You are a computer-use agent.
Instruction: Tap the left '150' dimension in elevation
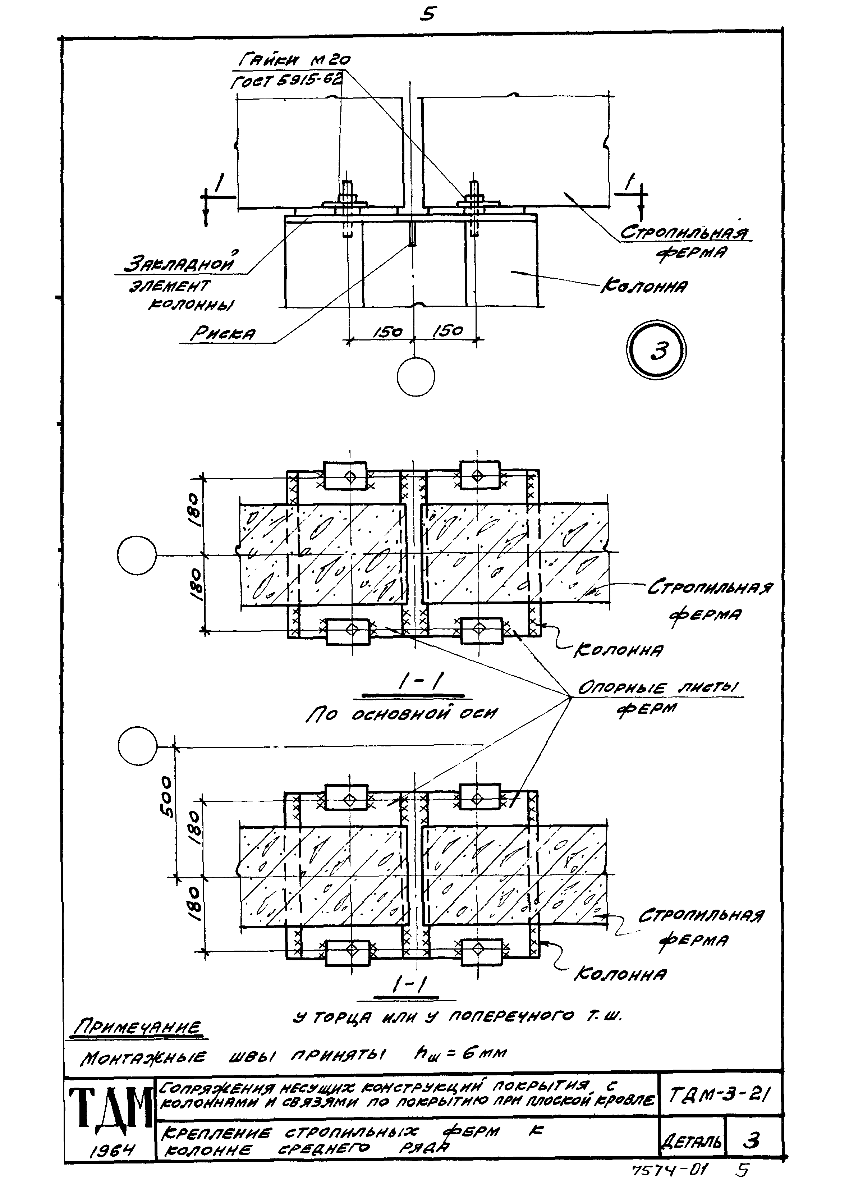(x=387, y=331)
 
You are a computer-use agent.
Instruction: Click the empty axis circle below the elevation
(x=416, y=376)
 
